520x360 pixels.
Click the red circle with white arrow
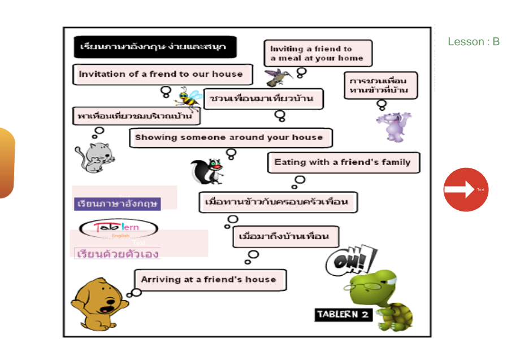[x=466, y=189]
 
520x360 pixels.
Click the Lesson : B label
[x=473, y=42]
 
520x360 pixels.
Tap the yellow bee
[x=189, y=97]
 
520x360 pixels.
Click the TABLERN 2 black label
[x=344, y=314]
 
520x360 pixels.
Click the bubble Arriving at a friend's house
[x=210, y=280]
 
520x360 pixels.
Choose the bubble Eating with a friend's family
[x=343, y=162]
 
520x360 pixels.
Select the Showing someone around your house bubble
[x=229, y=137]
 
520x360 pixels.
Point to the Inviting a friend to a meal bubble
[x=318, y=53]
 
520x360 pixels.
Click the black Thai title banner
[x=154, y=46]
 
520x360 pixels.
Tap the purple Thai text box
[x=118, y=203]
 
